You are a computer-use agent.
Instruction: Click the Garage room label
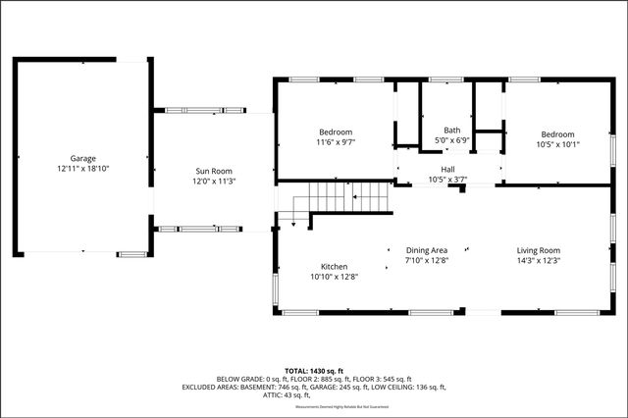(82, 158)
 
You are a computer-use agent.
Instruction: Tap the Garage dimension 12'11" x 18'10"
(82, 169)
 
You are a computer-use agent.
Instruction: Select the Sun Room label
(214, 171)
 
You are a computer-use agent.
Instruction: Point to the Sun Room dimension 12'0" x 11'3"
(214, 182)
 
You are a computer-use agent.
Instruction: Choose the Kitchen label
(334, 266)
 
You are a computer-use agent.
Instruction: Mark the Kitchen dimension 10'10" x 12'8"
(334, 277)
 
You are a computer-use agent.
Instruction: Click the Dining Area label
(427, 250)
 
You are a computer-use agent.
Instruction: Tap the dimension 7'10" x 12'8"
(427, 261)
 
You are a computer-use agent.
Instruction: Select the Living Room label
(538, 250)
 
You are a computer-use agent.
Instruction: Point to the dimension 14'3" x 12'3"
(538, 261)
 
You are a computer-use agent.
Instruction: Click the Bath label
(451, 131)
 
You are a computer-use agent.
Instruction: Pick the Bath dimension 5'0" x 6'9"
(451, 141)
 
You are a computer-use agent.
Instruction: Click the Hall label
(447, 169)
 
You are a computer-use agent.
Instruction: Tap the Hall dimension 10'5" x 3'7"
(447, 180)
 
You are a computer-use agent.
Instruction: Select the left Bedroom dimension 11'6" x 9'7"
(336, 142)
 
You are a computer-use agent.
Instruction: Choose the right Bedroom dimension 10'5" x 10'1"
(557, 144)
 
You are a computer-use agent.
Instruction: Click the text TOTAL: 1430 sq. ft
(314, 370)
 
